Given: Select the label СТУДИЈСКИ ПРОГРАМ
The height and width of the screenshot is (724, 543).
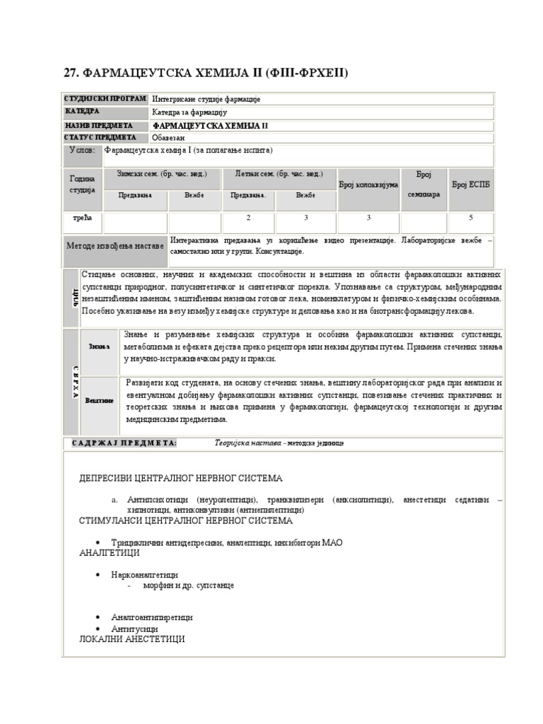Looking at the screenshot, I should [x=105, y=99].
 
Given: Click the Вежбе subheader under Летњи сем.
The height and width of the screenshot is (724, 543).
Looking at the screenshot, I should [x=305, y=195].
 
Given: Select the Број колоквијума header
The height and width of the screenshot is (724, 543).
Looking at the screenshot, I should [x=368, y=185].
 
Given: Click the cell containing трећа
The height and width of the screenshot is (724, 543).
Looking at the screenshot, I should [x=83, y=218].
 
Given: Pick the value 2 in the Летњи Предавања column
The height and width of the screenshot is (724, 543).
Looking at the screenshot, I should [x=248, y=218].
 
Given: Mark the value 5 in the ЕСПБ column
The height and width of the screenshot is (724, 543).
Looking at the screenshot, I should [x=470, y=218].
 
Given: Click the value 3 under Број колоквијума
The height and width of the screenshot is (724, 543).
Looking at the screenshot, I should [x=368, y=218].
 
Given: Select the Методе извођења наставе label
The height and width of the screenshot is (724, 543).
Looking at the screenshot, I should [x=115, y=246].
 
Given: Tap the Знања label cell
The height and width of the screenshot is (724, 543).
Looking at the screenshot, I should [x=99, y=346].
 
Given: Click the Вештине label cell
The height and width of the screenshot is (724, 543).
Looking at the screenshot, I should [x=99, y=400].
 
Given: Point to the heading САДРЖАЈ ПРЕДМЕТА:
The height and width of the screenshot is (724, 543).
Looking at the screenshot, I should [x=124, y=443].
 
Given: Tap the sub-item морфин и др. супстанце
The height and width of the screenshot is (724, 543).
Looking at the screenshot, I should [x=189, y=585].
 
